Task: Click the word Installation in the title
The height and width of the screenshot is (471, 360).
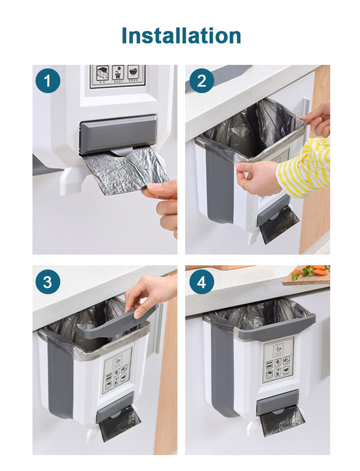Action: coord(181,36)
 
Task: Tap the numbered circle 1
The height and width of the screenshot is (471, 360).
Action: coord(48,81)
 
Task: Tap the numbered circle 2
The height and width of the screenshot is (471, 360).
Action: coord(201,81)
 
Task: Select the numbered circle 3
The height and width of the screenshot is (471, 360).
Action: coord(48,282)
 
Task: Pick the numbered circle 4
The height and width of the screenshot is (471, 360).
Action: coord(201,282)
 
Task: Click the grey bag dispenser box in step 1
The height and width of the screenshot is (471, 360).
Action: coord(118,135)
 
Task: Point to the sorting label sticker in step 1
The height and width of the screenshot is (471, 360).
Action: coord(117,76)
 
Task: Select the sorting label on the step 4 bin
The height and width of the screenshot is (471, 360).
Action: coord(278,359)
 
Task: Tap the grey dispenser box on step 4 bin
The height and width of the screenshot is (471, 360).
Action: coord(277,402)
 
